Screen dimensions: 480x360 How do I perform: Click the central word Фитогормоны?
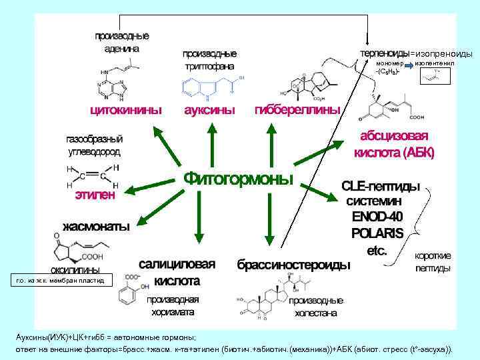point(237,179)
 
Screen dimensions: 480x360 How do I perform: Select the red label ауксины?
point(209,109)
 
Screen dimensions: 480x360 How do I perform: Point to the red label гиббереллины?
point(297,109)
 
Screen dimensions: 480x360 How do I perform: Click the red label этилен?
point(95,195)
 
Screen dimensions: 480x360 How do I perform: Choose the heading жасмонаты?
point(96,225)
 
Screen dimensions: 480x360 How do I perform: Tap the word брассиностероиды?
point(294,265)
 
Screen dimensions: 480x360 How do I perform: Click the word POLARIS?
point(377,233)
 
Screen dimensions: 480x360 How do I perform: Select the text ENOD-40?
point(378,217)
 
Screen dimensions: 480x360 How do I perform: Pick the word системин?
point(378,200)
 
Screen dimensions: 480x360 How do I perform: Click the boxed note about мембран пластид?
point(61,281)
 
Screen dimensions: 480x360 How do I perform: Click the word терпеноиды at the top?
point(384,53)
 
